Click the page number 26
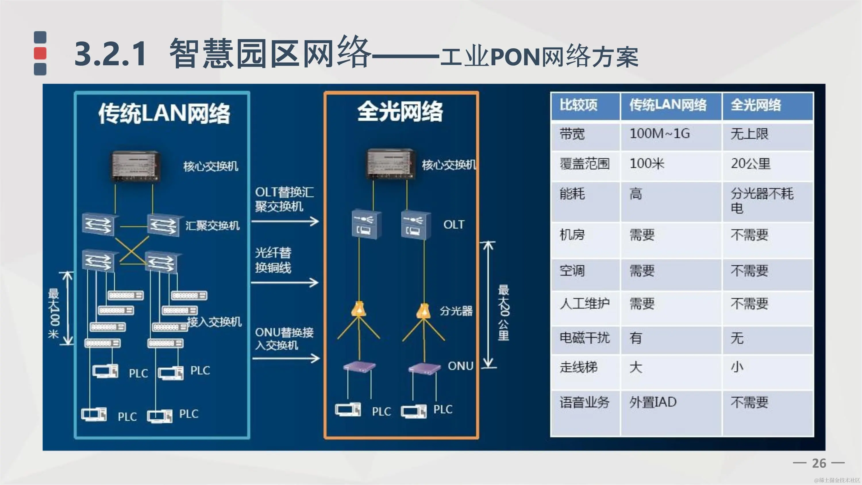(819, 463)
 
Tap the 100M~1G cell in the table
(659, 134)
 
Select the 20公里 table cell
(751, 164)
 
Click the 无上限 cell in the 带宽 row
(750, 134)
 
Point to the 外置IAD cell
(653, 402)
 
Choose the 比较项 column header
(579, 105)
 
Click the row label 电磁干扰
(584, 338)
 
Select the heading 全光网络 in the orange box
(400, 111)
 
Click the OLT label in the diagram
(454, 225)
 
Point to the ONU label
(460, 366)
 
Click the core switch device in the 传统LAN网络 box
(135, 166)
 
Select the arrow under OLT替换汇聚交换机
(285, 221)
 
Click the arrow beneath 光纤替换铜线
(284, 283)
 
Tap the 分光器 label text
(456, 311)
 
